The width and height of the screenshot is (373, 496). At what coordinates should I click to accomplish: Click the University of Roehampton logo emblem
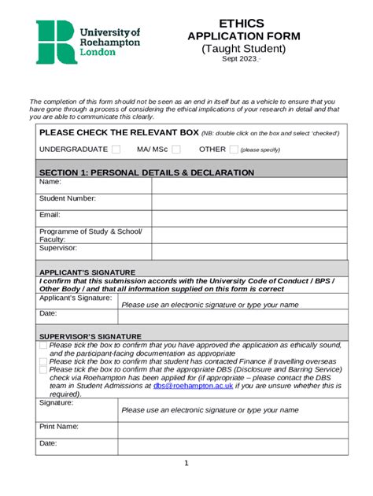click(x=56, y=42)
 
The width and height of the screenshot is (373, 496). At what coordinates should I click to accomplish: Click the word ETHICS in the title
click(x=242, y=24)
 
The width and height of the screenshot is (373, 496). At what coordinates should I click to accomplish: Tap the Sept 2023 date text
click(x=239, y=59)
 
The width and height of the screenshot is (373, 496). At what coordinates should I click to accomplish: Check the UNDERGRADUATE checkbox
click(x=116, y=150)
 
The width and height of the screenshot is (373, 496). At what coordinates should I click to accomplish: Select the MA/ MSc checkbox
click(x=176, y=150)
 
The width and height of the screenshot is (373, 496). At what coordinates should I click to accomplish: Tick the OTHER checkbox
click(x=233, y=150)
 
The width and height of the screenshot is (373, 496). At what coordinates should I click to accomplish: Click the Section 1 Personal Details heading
click(x=146, y=172)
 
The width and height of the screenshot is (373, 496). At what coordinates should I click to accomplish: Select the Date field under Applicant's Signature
click(x=231, y=316)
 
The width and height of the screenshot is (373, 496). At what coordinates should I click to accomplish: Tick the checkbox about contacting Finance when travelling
click(x=42, y=361)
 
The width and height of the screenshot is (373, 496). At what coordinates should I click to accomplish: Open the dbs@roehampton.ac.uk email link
click(x=192, y=386)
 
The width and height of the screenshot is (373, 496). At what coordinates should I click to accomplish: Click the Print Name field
click(x=231, y=429)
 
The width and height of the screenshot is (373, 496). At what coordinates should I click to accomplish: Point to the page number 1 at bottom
click(x=186, y=463)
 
